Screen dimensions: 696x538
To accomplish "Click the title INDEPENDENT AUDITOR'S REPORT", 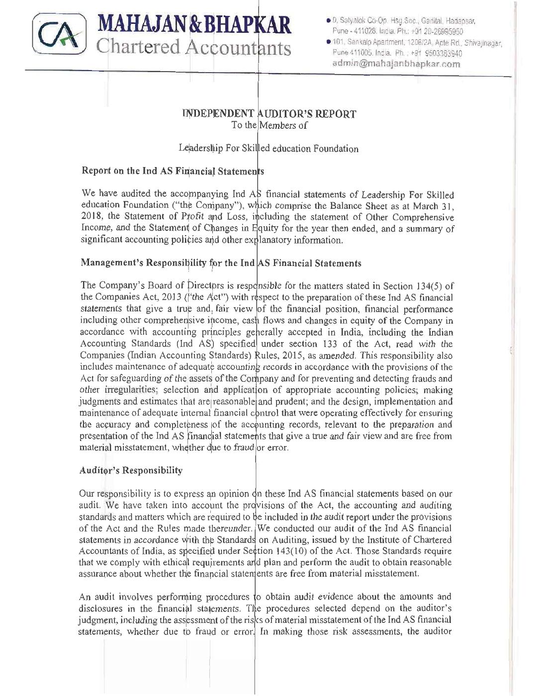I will coord(269,114).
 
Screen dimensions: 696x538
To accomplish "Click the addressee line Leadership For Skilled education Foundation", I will coord(269,149).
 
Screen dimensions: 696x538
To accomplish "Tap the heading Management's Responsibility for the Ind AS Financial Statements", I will coord(221,263).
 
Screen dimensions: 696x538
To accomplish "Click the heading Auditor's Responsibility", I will coord(131,470).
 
